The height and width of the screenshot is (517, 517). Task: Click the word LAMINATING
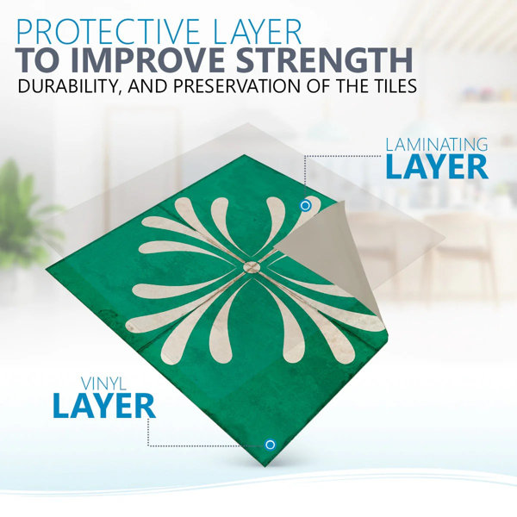tap(437, 145)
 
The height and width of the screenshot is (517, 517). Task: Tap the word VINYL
tap(103, 383)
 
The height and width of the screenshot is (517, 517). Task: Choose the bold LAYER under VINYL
tap(104, 406)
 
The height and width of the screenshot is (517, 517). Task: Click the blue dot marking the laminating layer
tap(305, 206)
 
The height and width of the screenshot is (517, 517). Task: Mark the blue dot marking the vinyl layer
tap(270, 445)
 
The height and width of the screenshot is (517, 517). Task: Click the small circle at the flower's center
tap(252, 267)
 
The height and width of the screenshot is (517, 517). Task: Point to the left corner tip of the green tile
tap(46, 267)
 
